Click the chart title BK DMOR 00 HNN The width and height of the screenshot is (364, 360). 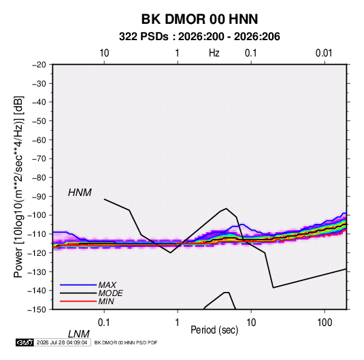coord(199,19)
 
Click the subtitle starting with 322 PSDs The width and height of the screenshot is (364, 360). coord(199,37)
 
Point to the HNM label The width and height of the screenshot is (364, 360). coord(80,193)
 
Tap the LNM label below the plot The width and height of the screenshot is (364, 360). coord(79,334)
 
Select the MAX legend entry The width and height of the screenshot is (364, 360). coord(107,285)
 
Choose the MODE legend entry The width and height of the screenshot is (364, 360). coord(110,293)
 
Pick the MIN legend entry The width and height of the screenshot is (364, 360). coord(106,301)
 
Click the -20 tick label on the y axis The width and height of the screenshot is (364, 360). coord(39,65)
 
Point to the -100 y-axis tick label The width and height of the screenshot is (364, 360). coord(37,215)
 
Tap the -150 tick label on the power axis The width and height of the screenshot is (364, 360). coord(37,310)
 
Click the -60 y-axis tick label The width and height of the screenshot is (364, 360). coord(39,140)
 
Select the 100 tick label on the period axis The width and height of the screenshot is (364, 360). coord(325,323)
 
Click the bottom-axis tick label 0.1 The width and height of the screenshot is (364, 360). coord(104,323)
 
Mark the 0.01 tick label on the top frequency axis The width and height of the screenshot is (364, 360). coord(324,53)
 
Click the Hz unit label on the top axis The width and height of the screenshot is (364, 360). coord(214,53)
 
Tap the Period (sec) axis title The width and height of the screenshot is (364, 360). coord(214,330)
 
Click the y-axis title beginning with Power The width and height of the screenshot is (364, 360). coord(18,187)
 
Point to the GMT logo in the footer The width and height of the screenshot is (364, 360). coord(25,342)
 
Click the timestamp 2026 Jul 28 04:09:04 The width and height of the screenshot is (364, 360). coord(62,342)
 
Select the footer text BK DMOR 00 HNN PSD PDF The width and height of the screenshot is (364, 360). coord(126,342)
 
